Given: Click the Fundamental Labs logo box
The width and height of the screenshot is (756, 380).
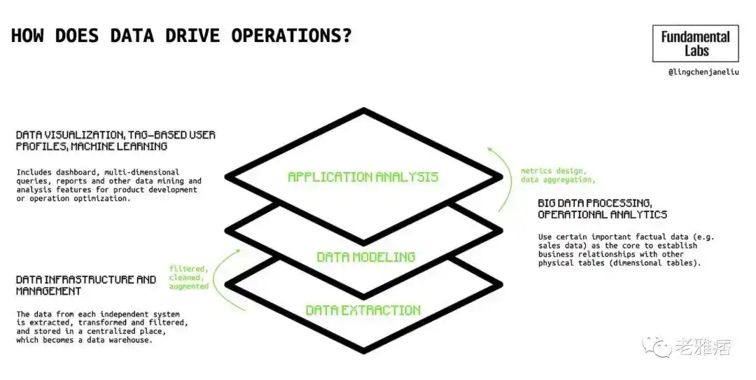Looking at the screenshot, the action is pos(695,43).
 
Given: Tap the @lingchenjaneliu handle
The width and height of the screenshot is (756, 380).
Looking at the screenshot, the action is pos(703,72).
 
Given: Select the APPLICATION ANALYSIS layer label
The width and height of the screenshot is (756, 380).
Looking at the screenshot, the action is pos(363,177).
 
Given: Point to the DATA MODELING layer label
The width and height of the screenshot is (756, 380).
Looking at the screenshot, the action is pos(366,257).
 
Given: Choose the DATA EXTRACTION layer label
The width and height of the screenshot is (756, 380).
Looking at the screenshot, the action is pos(363,310).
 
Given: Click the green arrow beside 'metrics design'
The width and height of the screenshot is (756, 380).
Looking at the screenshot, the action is pos(503,179).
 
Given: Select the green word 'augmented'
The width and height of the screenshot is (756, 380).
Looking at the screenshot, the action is pos(188,286).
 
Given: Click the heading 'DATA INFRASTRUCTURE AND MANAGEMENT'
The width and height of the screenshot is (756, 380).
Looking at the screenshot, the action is pos(86,286).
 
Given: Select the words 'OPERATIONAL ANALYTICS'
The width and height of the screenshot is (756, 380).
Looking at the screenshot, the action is pos(603,215).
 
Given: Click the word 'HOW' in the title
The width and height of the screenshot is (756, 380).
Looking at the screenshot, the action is pos(27,35).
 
